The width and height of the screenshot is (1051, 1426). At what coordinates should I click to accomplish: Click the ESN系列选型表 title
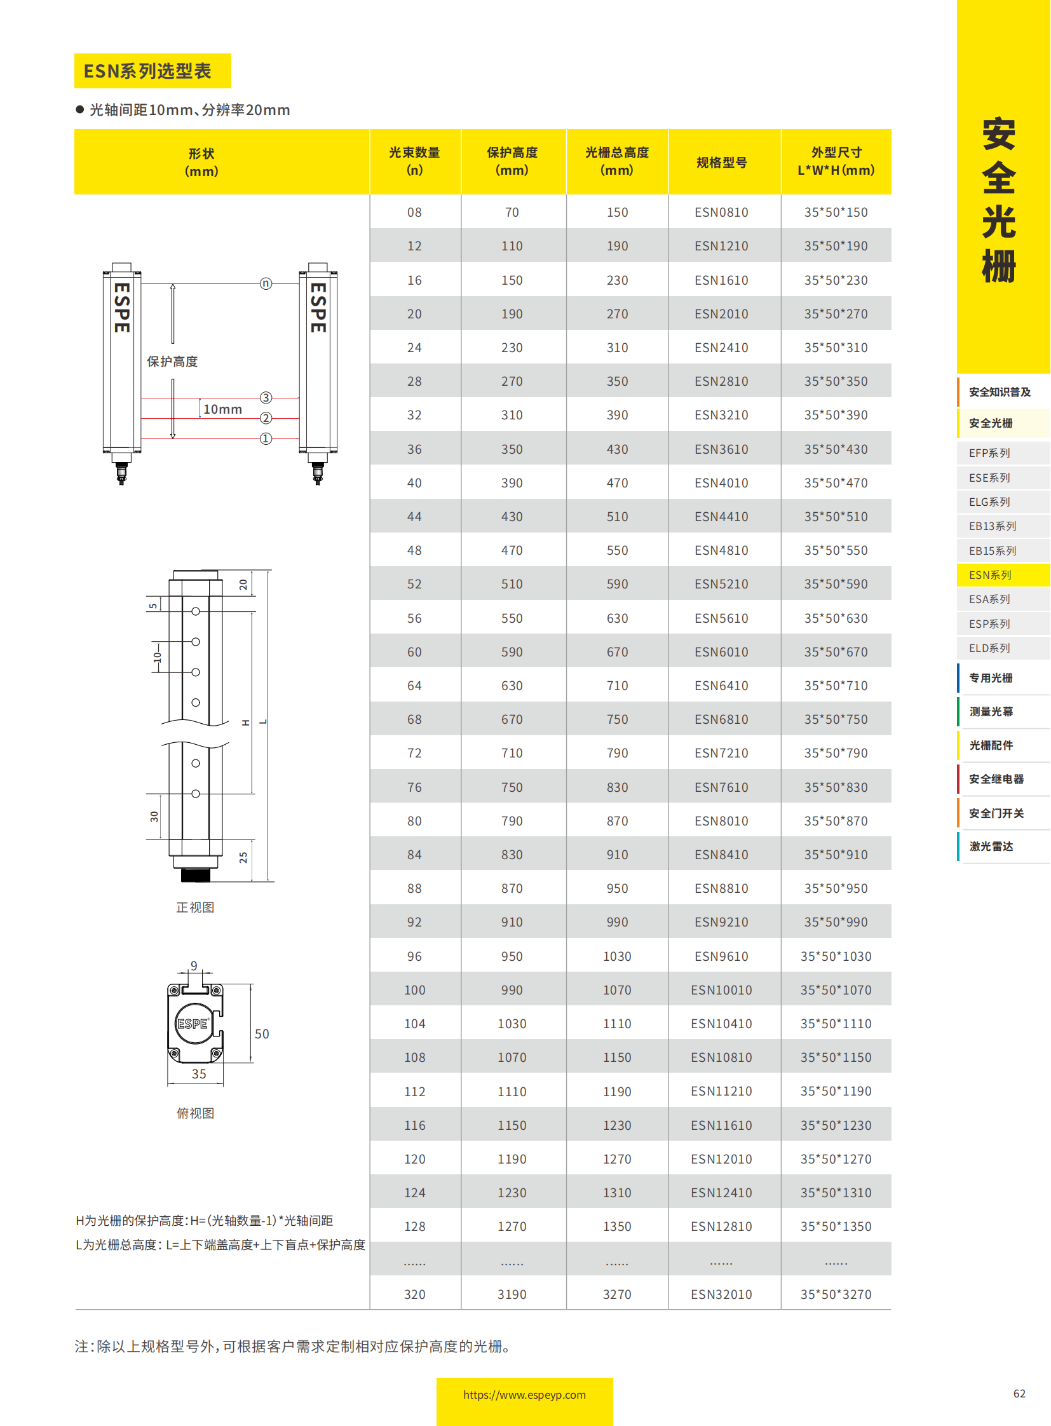click(x=147, y=71)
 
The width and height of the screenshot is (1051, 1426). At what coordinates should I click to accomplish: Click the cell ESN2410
click(x=721, y=348)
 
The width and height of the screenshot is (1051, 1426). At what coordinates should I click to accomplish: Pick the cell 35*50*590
click(x=836, y=584)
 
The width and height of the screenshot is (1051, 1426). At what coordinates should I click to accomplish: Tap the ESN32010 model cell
click(x=721, y=1294)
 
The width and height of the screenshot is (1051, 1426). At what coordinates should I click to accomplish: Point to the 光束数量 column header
click(x=414, y=161)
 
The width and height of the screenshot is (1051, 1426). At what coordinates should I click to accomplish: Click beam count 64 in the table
click(x=414, y=686)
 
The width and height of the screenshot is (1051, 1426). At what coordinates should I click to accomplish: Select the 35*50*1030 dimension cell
click(x=836, y=956)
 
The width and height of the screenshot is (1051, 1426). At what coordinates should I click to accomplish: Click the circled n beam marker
click(x=266, y=283)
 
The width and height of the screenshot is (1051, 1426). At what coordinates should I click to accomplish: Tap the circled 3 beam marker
click(x=266, y=398)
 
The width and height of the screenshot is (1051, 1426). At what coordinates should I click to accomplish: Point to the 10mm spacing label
click(x=222, y=409)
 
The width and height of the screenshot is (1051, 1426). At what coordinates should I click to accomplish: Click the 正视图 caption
click(x=195, y=907)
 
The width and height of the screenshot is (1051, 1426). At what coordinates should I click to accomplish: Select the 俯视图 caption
click(x=195, y=1113)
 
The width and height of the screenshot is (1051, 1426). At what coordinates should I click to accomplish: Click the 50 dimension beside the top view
click(x=262, y=1034)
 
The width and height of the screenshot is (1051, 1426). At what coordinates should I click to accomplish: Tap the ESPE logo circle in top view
click(x=193, y=1023)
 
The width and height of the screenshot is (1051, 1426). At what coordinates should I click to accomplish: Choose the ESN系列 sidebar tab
click(x=990, y=575)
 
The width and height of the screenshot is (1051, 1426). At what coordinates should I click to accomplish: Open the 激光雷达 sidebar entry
click(x=991, y=846)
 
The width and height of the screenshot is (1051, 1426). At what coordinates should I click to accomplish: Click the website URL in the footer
click(x=524, y=1395)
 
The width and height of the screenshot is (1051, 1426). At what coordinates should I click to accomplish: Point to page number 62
click(x=1019, y=1394)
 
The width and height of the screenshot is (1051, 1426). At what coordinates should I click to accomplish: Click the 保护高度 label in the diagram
click(x=172, y=362)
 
